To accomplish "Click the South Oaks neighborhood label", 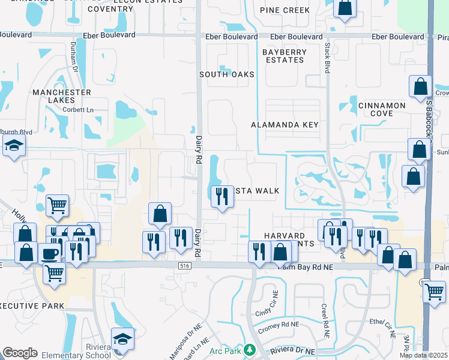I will pos(227,74).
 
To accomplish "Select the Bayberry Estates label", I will pos(284,56).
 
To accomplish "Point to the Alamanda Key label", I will pos(285,125).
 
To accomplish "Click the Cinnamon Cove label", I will pos(382,109).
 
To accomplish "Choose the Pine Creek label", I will pos(285,10).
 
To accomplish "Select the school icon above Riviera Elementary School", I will pos(122,338).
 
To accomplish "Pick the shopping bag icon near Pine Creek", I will pos(345,8).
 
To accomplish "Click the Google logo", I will pos(19,353).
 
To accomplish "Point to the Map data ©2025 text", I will pos(423,355).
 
